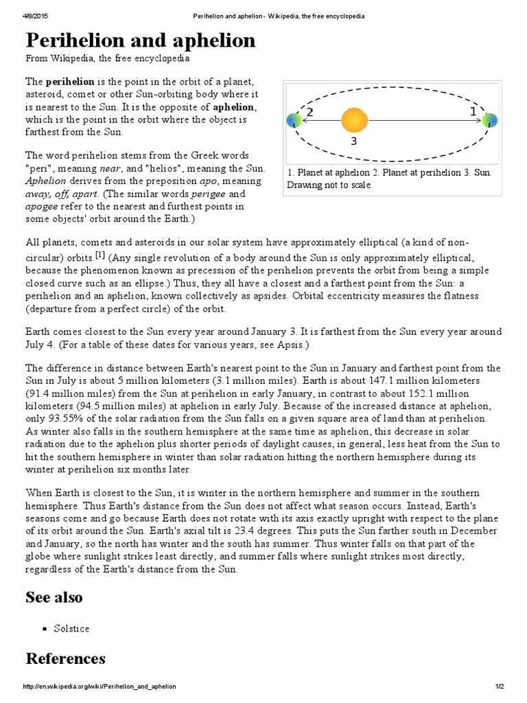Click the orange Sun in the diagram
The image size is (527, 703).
pos(354,121)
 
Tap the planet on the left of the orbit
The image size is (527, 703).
pos(293,121)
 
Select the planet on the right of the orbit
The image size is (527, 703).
pos(489,121)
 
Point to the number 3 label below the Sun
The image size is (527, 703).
pos(354,142)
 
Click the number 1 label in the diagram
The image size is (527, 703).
pos(472,111)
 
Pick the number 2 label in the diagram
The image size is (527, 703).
pos(310,112)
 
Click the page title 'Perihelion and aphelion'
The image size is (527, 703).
pos(141,41)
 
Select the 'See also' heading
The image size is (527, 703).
pos(54,597)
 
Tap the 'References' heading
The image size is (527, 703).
pos(65,658)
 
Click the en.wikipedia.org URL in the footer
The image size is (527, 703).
pos(99,687)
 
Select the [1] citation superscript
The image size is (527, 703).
pos(100,255)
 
